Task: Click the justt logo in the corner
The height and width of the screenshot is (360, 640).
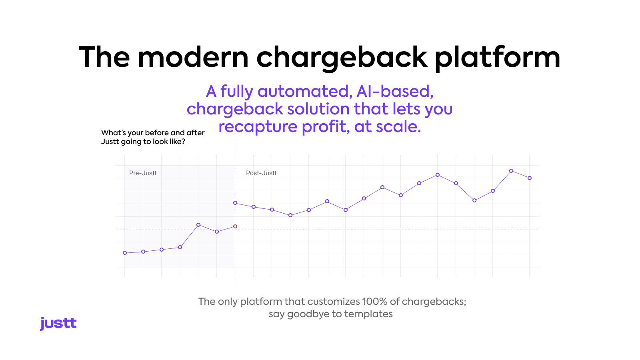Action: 58,324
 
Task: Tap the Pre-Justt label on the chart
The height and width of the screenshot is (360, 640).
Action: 143,173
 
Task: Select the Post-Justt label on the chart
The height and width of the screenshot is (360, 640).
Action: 261,173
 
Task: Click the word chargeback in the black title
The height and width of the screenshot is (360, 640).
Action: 342,58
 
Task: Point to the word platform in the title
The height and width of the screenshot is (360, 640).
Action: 498,58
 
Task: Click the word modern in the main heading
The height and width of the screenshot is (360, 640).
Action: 193,57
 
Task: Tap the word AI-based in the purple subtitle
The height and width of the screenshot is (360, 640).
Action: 395,92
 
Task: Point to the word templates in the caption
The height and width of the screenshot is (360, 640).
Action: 368,314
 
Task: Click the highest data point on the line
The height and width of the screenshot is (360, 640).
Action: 511,171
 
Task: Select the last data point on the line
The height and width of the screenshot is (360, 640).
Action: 530,178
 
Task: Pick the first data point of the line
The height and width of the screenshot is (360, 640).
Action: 125,253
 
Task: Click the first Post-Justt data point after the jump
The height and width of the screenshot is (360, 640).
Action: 235,203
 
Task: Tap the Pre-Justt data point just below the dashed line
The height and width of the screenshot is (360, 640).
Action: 217,232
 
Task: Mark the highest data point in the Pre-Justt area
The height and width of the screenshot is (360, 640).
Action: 198,225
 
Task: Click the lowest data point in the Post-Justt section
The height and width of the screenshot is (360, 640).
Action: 290,216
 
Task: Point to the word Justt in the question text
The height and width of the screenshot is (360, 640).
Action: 110,142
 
